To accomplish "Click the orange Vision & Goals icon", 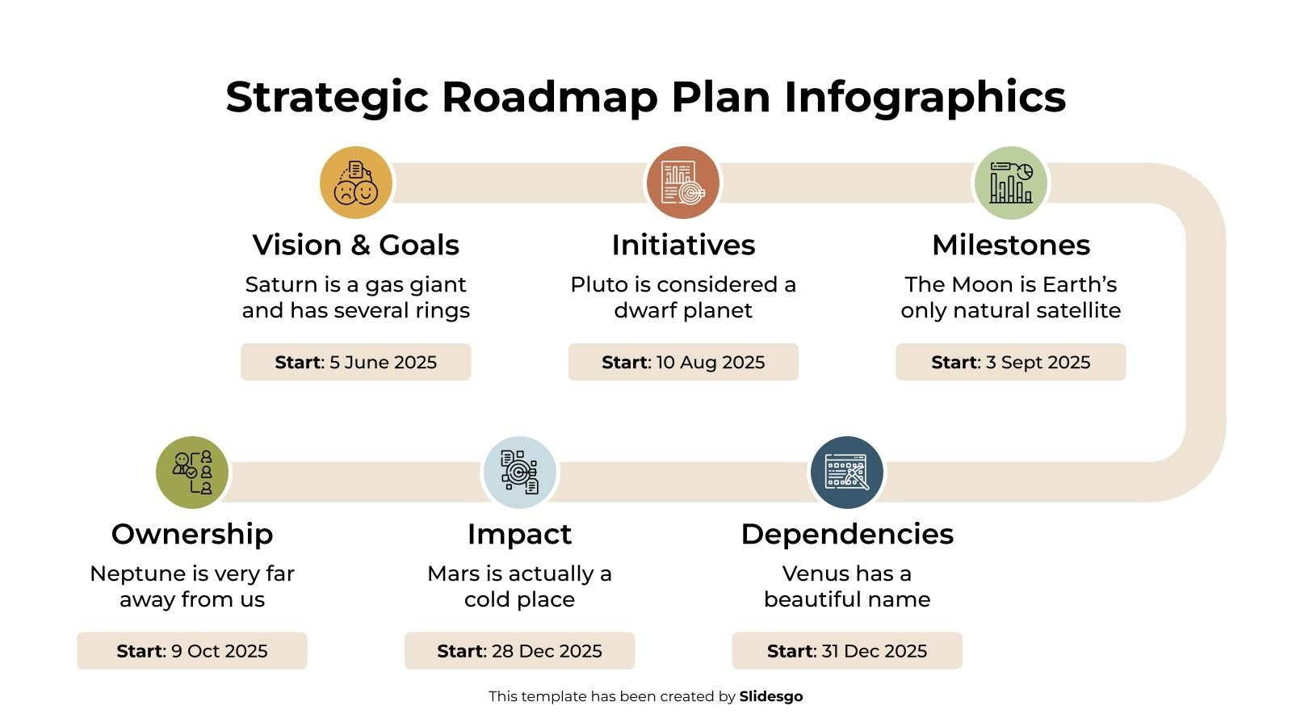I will coord(356,183).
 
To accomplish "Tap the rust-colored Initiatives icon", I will coord(683,183).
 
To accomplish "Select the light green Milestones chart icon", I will coord(1010,183).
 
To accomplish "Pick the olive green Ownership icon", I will coord(192,473).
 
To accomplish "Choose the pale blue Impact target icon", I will coord(519,473).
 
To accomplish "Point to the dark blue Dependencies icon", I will coord(847,473).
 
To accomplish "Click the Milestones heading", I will coord(1011,245).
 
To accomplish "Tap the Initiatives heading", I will coord(683,245).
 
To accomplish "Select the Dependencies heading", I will coord(847,534).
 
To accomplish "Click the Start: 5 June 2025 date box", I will coord(356,362).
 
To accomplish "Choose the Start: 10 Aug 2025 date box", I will coord(683,362).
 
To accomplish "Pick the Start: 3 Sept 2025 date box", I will coord(1011,362).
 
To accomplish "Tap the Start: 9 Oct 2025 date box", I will coord(192,651).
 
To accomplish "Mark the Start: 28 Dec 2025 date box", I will coord(519,651).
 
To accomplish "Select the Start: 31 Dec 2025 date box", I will coord(847,651).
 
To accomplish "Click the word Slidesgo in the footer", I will coord(771,696).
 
